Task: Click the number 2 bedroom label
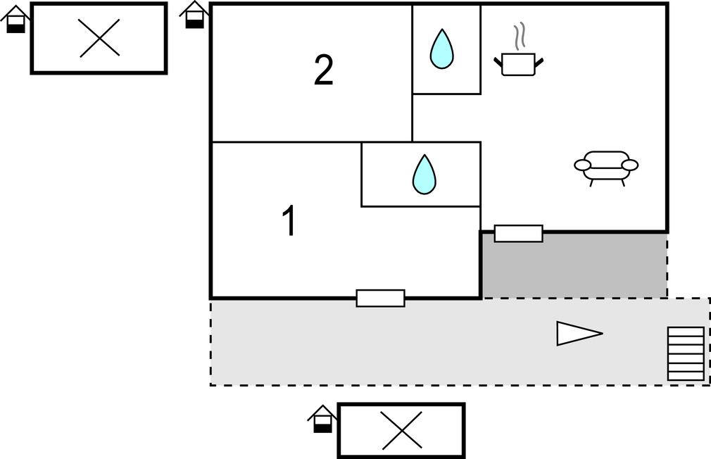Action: pos(323,70)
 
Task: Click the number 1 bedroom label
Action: pos(289,222)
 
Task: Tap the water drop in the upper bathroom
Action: pos(441,49)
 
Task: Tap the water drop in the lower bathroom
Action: pos(424,175)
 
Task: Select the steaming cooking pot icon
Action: pos(520,63)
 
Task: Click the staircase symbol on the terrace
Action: pos(686,353)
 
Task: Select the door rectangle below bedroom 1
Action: pos(380,298)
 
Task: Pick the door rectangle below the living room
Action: pos(518,234)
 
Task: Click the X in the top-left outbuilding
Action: pos(99,38)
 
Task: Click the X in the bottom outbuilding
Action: pos(401,430)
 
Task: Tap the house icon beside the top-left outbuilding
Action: pos(15,19)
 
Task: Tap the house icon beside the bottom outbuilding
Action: pos(322,419)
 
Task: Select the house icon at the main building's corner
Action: pos(195,15)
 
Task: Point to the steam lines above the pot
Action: pos(520,38)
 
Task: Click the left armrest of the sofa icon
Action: pos(583,165)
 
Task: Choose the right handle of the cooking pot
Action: pos(539,64)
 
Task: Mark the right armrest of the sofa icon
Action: pos(630,165)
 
